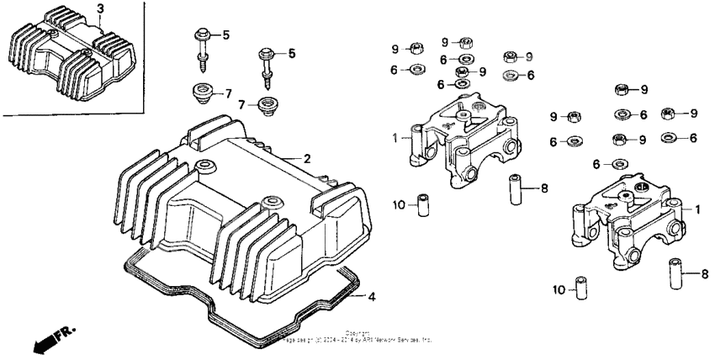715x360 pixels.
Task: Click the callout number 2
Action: click(x=307, y=158)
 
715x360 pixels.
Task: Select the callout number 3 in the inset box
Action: click(x=100, y=9)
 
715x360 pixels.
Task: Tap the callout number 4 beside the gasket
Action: click(x=361, y=296)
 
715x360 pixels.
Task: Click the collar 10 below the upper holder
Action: click(x=424, y=205)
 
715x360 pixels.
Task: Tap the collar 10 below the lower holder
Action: click(x=579, y=287)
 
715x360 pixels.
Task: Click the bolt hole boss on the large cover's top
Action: click(x=203, y=162)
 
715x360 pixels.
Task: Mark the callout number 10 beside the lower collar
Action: click(x=558, y=289)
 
